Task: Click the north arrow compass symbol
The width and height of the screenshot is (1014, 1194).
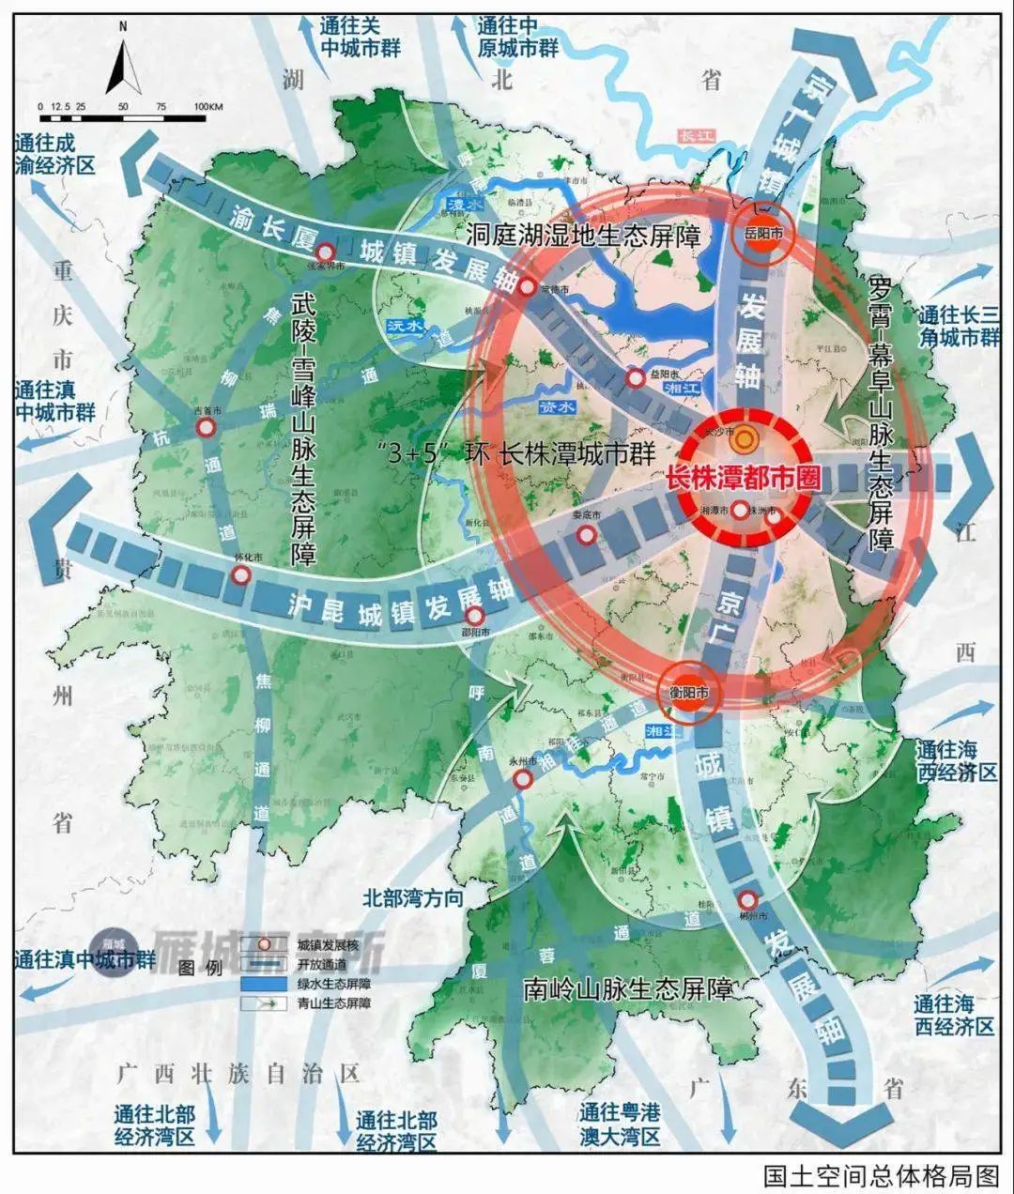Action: (x=123, y=61)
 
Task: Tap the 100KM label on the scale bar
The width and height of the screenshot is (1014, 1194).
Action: (x=207, y=107)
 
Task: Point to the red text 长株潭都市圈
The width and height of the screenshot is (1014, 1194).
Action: (x=742, y=478)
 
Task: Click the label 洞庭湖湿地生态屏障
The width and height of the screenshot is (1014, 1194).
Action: (x=583, y=235)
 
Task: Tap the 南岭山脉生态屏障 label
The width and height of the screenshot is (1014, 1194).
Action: (x=628, y=988)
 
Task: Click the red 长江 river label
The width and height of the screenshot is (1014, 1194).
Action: (x=697, y=136)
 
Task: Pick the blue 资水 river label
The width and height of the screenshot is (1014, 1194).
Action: (x=556, y=407)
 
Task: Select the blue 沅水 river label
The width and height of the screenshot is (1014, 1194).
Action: (x=407, y=326)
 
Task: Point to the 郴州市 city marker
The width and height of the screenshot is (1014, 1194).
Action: (x=747, y=898)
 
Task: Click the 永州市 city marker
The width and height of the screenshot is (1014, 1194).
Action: (x=524, y=779)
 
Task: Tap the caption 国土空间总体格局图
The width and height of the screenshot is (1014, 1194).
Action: (x=881, y=1175)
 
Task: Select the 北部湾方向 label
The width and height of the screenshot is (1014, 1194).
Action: (x=413, y=897)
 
